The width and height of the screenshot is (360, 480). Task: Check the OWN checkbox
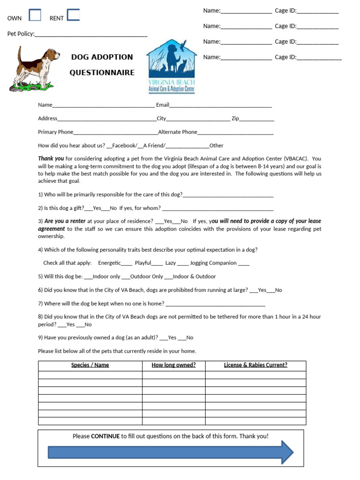pos(35,15)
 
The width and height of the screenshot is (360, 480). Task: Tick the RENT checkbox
pos(73,15)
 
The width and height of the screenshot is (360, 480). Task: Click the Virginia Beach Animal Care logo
pos(171,66)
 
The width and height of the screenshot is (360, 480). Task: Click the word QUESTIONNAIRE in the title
pos(102,73)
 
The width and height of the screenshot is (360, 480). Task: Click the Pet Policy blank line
pos(91,34)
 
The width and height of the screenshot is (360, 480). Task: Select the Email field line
pos(220,105)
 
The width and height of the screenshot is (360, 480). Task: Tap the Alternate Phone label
pos(178,132)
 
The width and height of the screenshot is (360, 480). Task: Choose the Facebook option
pos(124,145)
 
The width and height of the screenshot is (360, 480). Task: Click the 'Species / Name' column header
pos(90,365)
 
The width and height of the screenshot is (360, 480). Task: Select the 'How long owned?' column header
pos(173,365)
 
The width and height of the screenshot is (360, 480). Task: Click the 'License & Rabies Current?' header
pos(255,365)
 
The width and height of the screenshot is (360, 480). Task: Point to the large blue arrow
pos(171,452)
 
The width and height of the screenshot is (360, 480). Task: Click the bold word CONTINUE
pos(105,436)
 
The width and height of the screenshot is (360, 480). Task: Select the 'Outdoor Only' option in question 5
pos(146,277)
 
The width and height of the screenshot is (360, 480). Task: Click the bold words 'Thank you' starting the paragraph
pos(51,158)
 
